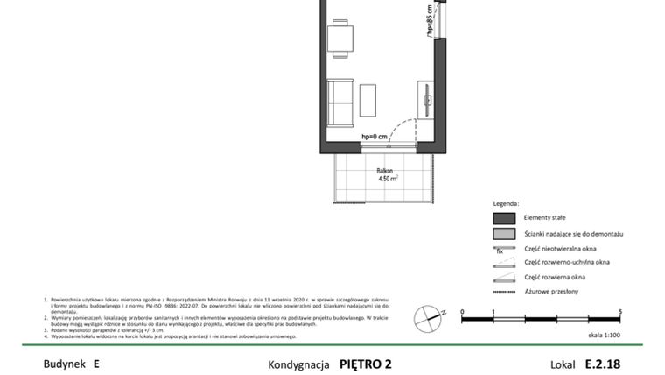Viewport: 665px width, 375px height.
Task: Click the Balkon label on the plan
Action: coord(384,171)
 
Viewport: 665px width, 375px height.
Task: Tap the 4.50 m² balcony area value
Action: coord(388,179)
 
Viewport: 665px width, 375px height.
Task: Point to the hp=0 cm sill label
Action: coord(374,137)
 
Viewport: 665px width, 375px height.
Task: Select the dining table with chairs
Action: coord(341,39)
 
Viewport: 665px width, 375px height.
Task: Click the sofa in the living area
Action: coord(340,102)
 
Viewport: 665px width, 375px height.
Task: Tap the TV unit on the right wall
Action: coord(426,100)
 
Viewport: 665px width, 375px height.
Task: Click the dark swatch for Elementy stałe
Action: coord(503,218)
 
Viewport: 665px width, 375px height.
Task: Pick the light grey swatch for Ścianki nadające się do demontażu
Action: coord(503,235)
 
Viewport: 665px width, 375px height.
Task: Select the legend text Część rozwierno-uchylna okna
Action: coord(567,262)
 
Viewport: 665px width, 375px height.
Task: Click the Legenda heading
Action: coord(506,202)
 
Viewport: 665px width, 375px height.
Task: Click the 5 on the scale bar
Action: coord(619,312)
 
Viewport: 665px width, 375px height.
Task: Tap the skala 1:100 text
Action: coord(604,335)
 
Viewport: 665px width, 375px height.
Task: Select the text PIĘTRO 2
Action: coord(366,362)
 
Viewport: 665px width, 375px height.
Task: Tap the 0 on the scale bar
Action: coord(462,312)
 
